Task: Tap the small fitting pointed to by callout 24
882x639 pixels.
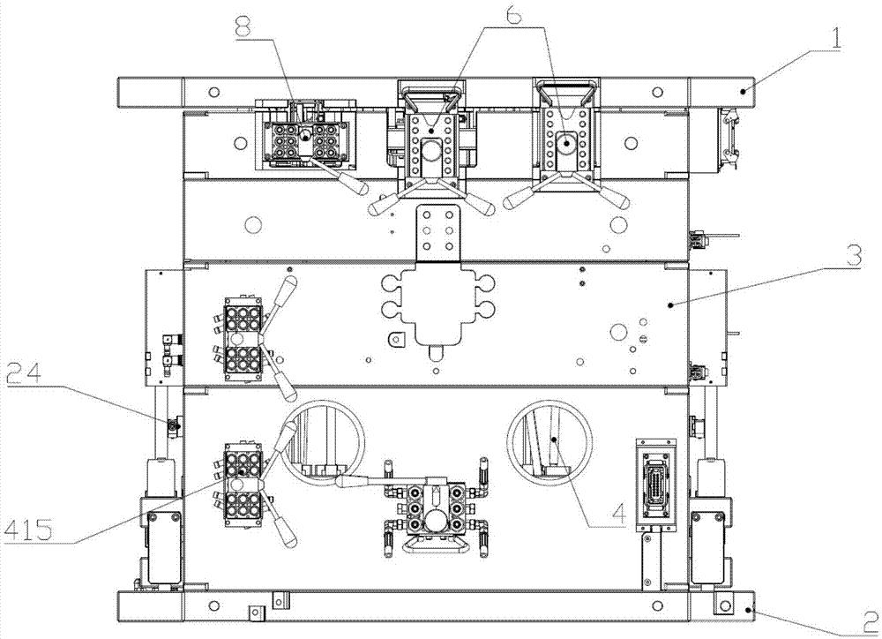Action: [x=174, y=427]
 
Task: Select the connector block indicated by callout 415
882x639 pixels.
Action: [x=240, y=481]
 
